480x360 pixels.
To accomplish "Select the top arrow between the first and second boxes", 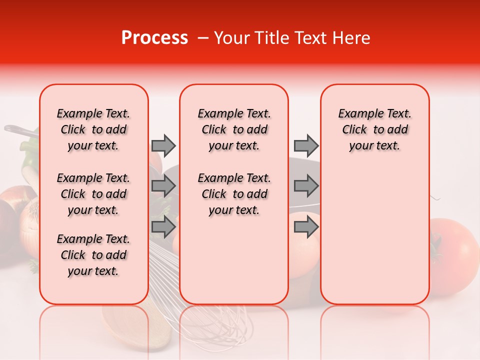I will coord(163,145).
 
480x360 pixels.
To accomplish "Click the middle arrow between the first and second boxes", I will coord(163,186).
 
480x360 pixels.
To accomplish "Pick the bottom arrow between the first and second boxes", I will coord(163,227).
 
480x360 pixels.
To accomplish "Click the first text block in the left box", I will coord(93,129).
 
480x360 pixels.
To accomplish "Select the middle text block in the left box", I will coord(93,194).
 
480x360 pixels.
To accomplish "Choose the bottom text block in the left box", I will coord(93,255).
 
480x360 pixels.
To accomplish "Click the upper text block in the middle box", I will coord(234,129).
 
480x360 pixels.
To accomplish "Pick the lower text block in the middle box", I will coord(234,194).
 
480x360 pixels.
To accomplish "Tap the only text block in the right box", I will coord(374,129).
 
